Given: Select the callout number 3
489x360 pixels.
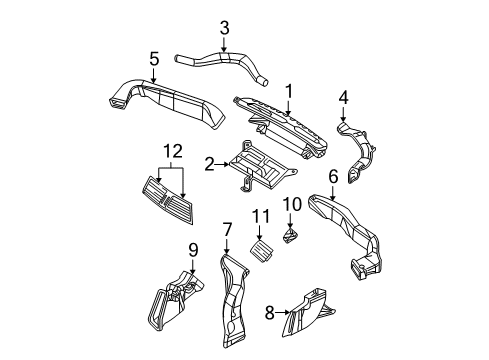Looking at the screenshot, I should (224, 27).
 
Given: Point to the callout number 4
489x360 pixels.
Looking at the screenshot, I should (343, 97).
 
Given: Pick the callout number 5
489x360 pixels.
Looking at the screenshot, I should (154, 61).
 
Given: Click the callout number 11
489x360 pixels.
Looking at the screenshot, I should (259, 244).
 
